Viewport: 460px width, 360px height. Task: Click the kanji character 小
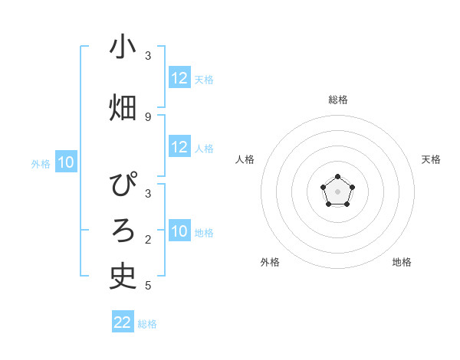click(123, 47)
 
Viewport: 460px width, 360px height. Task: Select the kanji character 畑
click(123, 108)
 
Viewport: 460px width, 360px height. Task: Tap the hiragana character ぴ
click(123, 186)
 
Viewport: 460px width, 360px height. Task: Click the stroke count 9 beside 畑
click(148, 116)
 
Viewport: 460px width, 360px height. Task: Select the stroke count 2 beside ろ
click(148, 240)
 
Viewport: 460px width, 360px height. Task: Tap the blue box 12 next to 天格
click(179, 78)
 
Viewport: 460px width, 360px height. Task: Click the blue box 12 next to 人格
click(179, 148)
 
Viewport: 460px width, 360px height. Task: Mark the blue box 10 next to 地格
click(179, 232)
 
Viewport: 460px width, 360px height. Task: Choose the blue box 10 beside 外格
click(66, 162)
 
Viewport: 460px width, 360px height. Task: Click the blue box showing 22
click(123, 322)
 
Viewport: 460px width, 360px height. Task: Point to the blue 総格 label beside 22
click(147, 324)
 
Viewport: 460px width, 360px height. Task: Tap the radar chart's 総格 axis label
click(338, 100)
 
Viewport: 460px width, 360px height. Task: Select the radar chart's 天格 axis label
click(431, 159)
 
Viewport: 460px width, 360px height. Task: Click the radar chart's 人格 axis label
click(245, 159)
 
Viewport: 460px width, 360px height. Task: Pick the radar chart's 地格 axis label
click(402, 262)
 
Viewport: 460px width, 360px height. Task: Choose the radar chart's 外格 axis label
click(270, 262)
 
